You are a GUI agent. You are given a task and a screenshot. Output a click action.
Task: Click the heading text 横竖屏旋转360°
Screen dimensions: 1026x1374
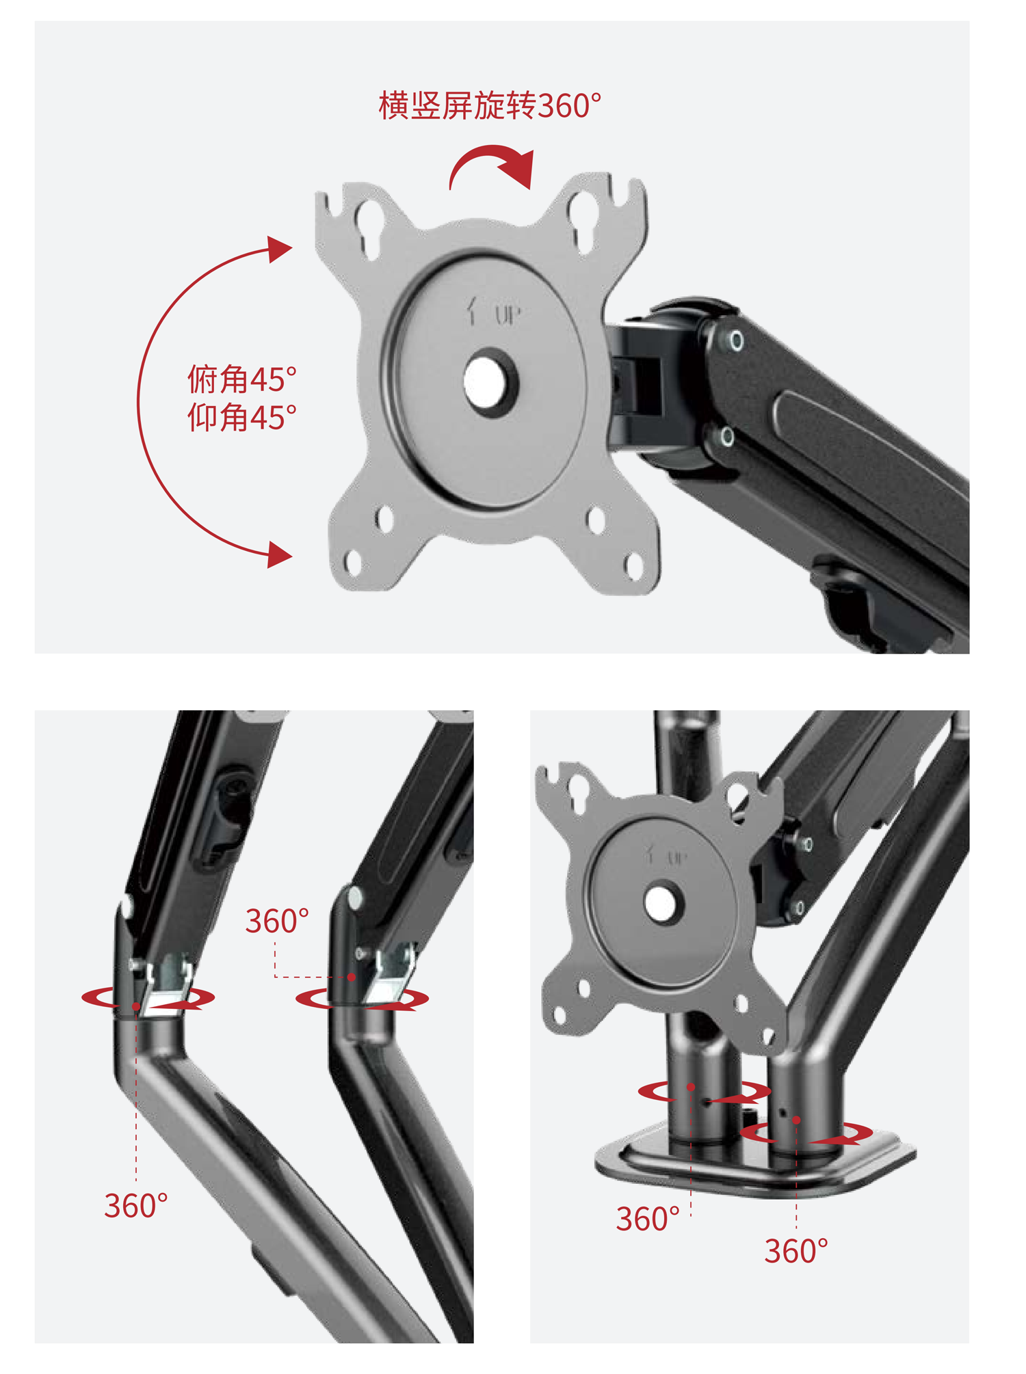coord(490,106)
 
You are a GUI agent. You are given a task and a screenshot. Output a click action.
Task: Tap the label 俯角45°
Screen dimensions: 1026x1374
coord(242,379)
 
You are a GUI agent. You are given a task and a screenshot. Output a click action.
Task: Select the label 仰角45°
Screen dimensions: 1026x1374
coord(242,418)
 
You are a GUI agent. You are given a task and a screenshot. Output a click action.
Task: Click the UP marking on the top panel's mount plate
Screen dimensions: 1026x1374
coord(508,316)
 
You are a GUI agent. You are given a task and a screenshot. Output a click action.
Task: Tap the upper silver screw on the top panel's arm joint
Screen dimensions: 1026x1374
coord(736,340)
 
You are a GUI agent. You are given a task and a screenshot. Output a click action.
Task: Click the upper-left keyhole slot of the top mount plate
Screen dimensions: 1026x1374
coord(369,228)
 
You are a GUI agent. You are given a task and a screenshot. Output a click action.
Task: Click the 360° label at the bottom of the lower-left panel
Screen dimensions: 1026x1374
coord(136,1206)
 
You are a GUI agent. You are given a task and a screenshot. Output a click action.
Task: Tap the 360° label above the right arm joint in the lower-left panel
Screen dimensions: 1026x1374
coord(277,921)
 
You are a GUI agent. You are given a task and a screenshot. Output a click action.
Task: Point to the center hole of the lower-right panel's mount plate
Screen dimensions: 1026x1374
coord(661,903)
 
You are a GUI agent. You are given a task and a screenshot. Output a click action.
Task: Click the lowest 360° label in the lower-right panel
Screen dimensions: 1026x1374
coord(796,1252)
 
